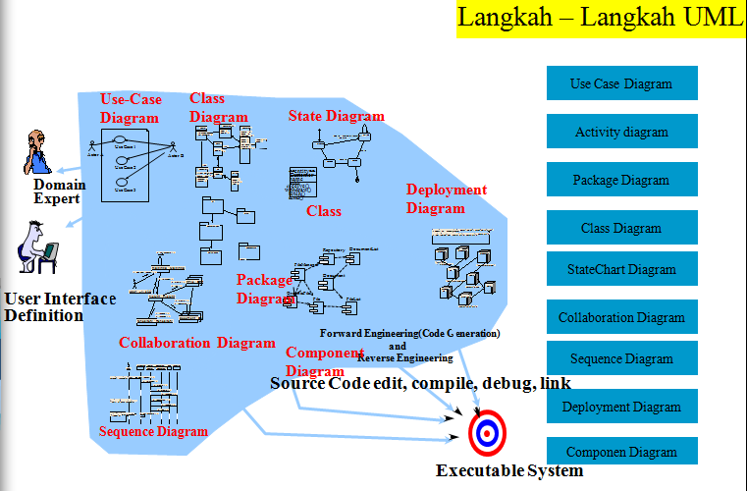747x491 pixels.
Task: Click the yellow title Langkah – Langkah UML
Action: tap(601, 19)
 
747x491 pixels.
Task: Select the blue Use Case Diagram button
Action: tap(621, 83)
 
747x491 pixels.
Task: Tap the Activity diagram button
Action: tap(621, 132)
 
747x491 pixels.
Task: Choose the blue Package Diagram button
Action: tap(621, 180)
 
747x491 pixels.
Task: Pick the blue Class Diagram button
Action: tap(621, 228)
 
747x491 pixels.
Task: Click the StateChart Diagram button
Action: tap(621, 269)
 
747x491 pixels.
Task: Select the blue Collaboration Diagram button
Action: tap(621, 317)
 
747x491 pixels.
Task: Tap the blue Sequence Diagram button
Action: tap(621, 358)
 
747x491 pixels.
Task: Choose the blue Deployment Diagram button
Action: tap(621, 407)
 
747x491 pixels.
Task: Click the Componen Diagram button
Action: tap(621, 452)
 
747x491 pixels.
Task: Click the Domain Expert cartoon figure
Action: tap(37, 151)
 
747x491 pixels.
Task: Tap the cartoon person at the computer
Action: tap(37, 246)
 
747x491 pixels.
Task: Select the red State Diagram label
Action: tap(336, 116)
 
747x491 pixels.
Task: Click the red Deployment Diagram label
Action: tap(446, 198)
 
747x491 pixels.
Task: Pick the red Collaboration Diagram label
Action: tap(196, 343)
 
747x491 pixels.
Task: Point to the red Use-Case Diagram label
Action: tap(131, 108)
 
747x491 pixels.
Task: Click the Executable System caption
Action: tap(509, 470)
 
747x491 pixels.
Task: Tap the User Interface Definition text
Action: tap(59, 306)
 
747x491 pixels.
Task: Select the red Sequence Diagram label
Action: tap(154, 431)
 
